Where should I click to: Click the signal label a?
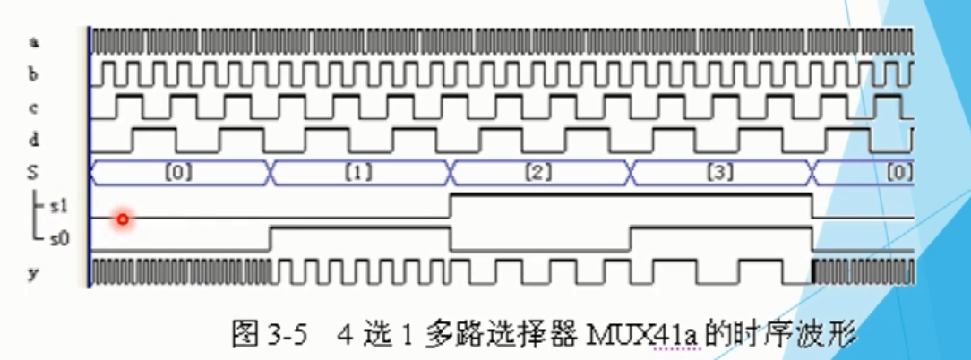(33, 41)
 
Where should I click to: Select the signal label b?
(33, 74)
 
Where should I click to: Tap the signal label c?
(33, 107)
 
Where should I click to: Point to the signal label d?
(33, 140)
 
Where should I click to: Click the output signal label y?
(33, 272)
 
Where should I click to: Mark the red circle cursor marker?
(123, 219)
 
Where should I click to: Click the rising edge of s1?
(451, 206)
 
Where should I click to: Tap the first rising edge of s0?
(271, 239)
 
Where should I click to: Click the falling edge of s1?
(812, 206)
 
